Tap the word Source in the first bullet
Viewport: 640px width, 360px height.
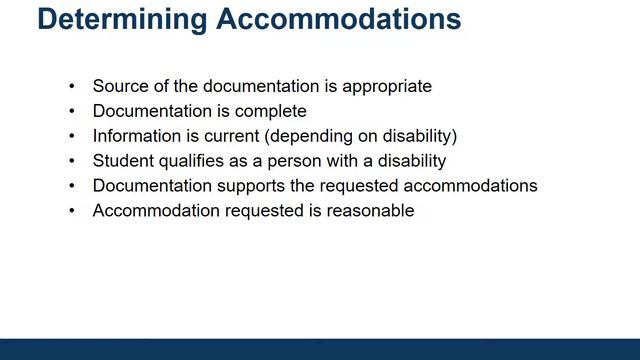(117, 86)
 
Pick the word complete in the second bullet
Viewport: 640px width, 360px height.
(272, 111)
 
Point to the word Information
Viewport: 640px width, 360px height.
(135, 136)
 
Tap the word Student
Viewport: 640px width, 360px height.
(121, 161)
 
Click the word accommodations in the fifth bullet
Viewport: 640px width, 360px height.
(458, 186)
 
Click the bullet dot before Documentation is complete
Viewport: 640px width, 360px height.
(71, 111)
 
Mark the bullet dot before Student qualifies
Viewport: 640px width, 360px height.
(71, 161)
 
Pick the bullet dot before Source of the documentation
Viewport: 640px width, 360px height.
(71, 86)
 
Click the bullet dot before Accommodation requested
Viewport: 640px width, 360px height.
(71, 211)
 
